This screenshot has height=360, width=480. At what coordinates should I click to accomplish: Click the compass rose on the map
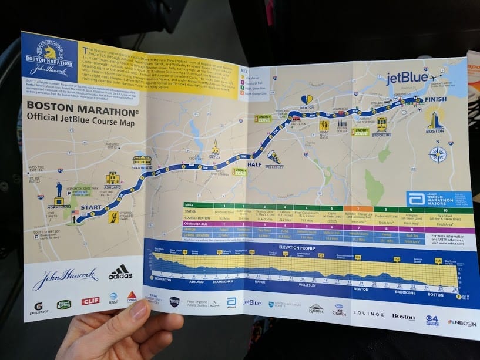pos(438,154)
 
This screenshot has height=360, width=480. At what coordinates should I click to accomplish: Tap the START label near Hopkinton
pos(96,207)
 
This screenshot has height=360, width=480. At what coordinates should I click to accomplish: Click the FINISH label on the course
pos(436,100)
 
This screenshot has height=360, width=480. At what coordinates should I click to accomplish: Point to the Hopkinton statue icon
pos(59,190)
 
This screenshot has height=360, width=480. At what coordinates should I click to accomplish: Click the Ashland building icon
pos(112,179)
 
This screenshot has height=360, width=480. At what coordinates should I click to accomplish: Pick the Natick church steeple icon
pos(215,146)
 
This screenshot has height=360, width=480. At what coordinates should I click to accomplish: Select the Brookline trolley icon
pos(381,124)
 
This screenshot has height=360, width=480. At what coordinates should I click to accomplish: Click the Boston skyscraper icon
pos(435,120)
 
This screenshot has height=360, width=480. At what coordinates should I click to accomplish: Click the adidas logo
pos(120,272)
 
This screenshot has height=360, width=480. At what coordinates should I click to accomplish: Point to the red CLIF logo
pos(90,301)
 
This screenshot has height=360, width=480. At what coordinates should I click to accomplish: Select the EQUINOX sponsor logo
pos(368,315)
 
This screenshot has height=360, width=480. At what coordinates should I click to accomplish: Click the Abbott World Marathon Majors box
pos(439,200)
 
